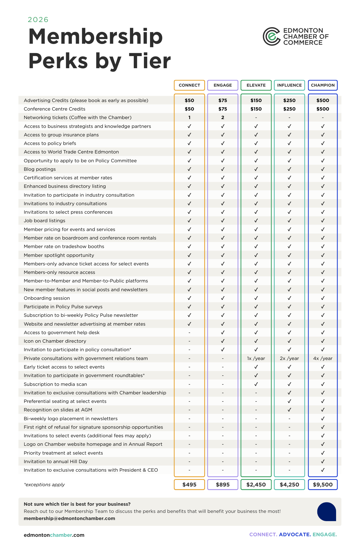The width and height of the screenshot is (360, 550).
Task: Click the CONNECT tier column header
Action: click(x=189, y=85)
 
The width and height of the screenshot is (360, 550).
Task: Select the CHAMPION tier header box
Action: click(x=323, y=85)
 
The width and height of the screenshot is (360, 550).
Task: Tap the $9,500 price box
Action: click(x=323, y=485)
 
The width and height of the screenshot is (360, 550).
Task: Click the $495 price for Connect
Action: click(x=189, y=485)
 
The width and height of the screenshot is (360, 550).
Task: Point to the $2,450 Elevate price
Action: click(x=256, y=485)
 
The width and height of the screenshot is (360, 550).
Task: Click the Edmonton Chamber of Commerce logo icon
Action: click(x=271, y=36)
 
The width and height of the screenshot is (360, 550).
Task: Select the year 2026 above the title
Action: click(x=38, y=20)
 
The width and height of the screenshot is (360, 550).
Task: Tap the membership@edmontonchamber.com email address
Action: click(x=69, y=518)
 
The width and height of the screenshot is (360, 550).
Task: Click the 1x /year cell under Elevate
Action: click(x=256, y=358)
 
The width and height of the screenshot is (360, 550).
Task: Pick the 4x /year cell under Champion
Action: click(x=323, y=358)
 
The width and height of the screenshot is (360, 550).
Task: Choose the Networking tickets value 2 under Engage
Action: click(x=223, y=117)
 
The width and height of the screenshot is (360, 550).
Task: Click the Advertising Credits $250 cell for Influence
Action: click(x=289, y=100)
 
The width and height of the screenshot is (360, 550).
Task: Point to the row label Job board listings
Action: click(x=45, y=221)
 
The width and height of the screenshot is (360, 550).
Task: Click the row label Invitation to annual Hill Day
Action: click(x=56, y=461)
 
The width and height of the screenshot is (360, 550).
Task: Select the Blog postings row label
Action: click(x=40, y=169)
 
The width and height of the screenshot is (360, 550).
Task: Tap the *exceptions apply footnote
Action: click(x=44, y=485)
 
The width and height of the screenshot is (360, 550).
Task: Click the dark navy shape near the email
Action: click(x=327, y=512)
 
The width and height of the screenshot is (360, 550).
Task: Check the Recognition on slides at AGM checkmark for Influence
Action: click(x=289, y=410)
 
